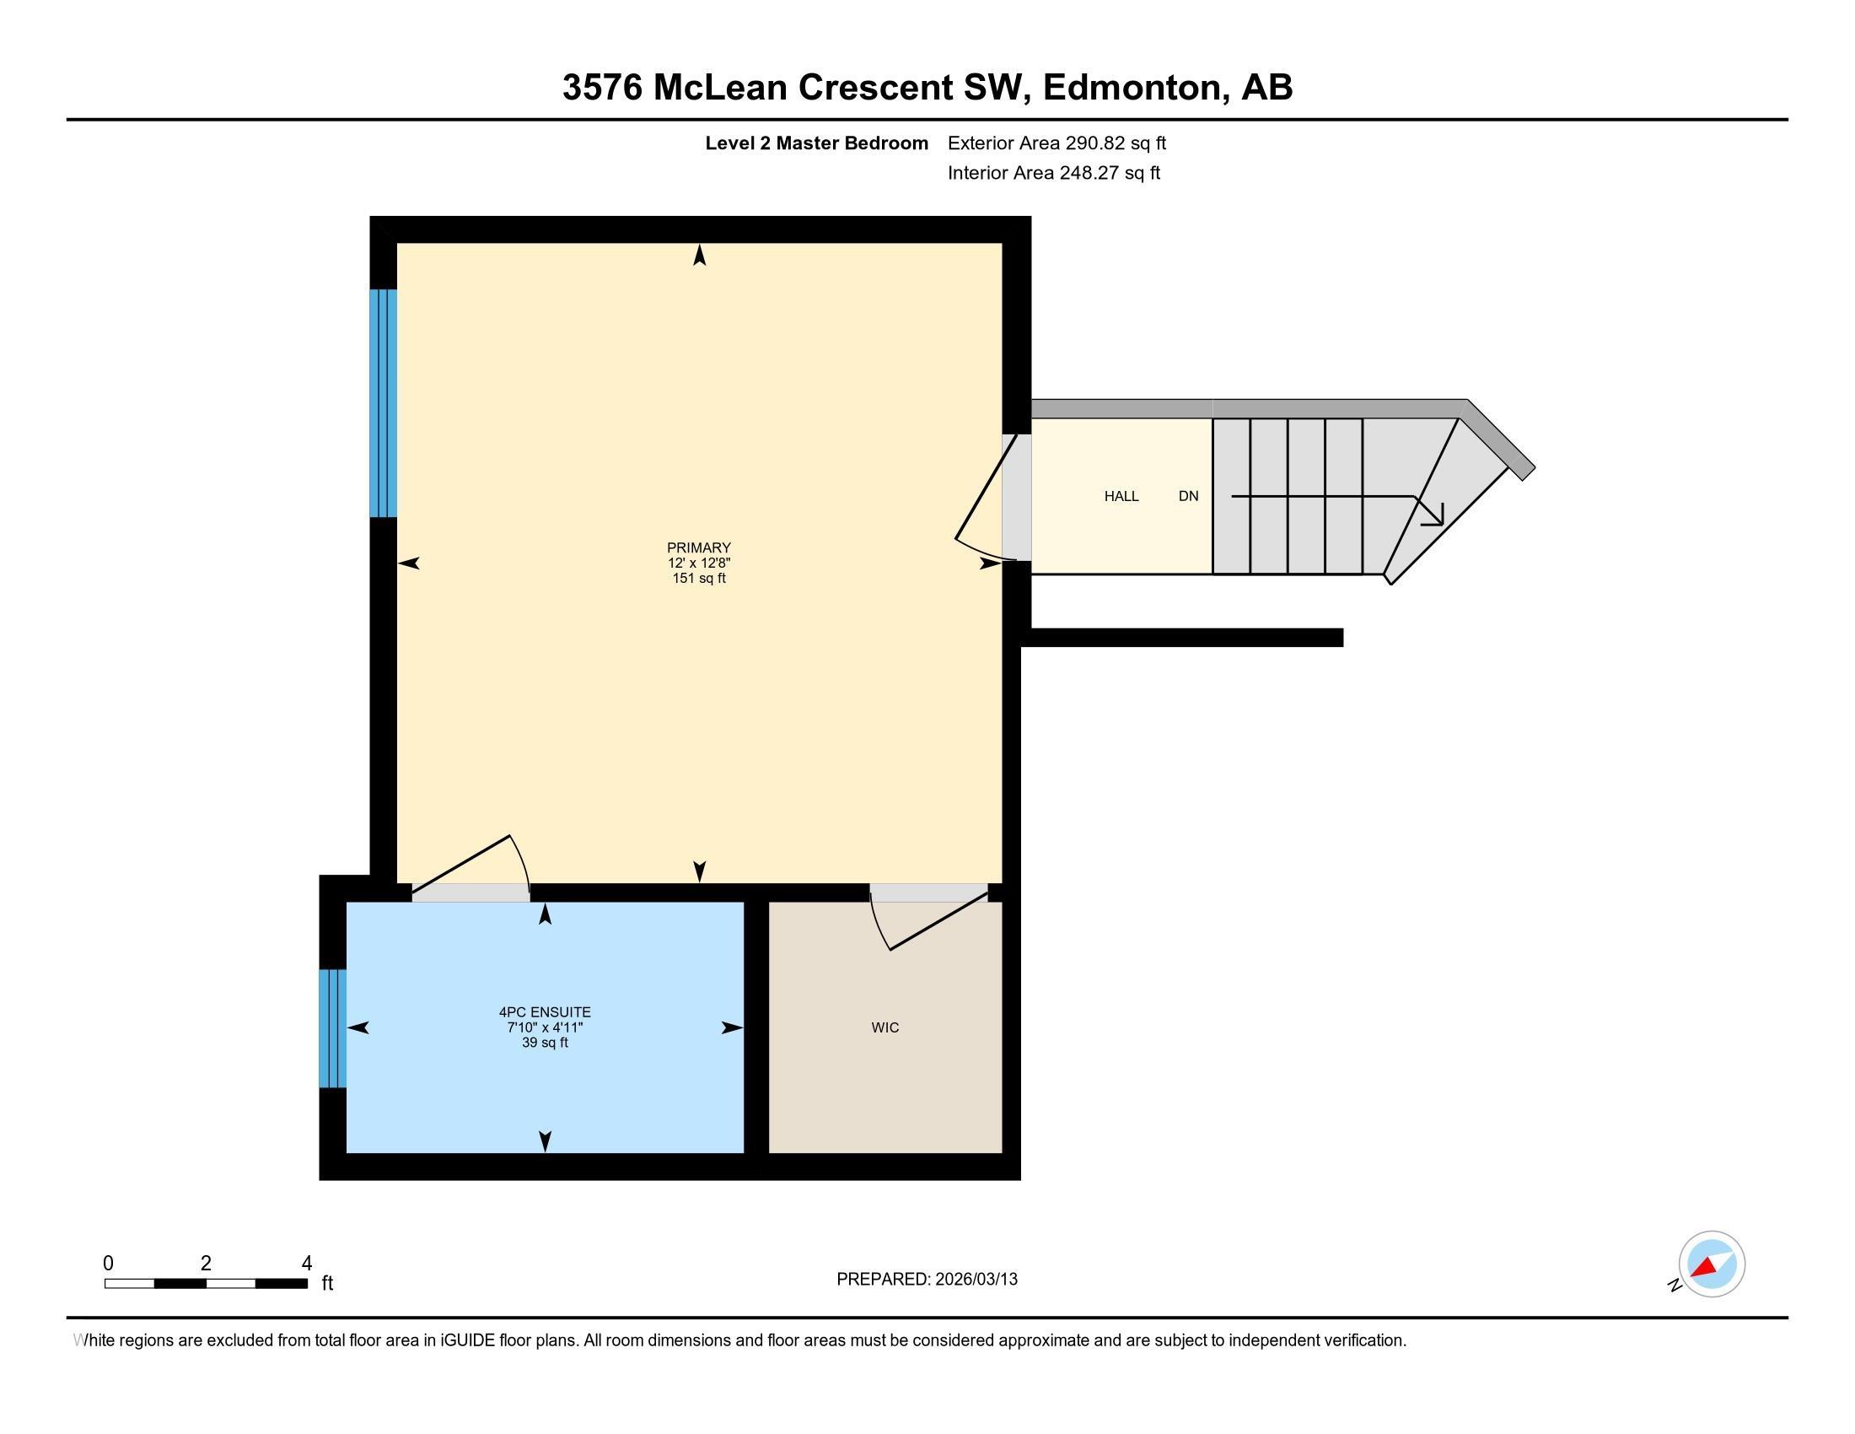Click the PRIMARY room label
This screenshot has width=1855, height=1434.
(x=698, y=547)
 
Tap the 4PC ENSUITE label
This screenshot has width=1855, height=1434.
(x=545, y=1011)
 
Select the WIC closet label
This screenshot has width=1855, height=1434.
(x=884, y=1027)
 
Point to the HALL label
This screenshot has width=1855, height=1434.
(x=1121, y=496)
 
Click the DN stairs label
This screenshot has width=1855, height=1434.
(x=1187, y=496)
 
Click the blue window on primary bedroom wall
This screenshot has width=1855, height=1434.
(x=383, y=402)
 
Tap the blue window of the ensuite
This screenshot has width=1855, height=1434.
(x=332, y=1028)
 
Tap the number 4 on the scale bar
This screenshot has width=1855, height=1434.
(x=307, y=1263)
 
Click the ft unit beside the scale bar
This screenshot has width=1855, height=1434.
(x=327, y=1283)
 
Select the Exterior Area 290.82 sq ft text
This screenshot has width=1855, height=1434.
(x=1056, y=143)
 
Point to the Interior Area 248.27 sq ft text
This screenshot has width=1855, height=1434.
(x=1053, y=172)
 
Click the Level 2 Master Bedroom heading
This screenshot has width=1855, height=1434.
(x=816, y=143)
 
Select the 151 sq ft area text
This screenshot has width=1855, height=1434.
(x=698, y=579)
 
